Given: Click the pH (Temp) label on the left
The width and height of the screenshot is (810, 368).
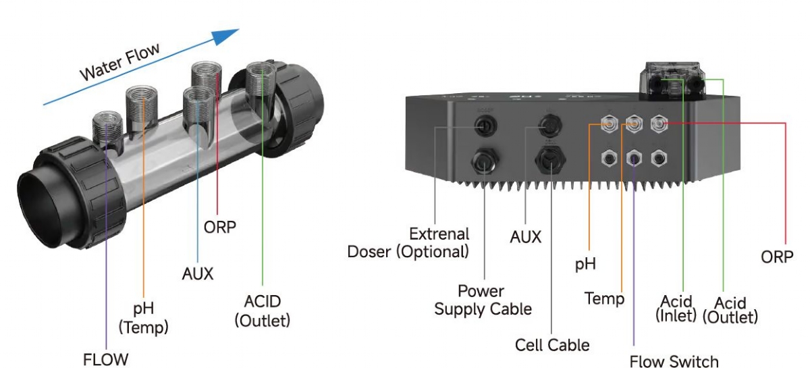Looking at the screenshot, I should (x=143, y=318).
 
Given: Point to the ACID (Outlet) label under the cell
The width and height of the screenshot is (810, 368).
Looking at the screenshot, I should (x=263, y=311).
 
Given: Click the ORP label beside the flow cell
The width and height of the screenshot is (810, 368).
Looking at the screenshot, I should (x=219, y=227).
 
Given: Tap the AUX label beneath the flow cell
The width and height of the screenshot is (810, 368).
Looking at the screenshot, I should (x=197, y=273).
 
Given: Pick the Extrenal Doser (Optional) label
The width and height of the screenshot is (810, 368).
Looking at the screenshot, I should (x=408, y=243).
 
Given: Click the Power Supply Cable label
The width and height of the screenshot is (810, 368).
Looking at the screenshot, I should (x=483, y=300).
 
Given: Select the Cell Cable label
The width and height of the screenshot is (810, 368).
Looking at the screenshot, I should (x=551, y=345).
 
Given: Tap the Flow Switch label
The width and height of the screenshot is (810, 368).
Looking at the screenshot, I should (x=674, y=361).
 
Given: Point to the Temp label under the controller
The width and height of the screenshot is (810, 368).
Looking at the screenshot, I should (x=604, y=298).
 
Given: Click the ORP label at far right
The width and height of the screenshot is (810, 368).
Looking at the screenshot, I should (x=777, y=257).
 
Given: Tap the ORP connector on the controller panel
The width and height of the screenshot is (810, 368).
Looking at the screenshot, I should (x=659, y=124).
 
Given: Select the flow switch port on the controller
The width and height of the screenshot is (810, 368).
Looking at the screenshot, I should (x=634, y=158).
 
